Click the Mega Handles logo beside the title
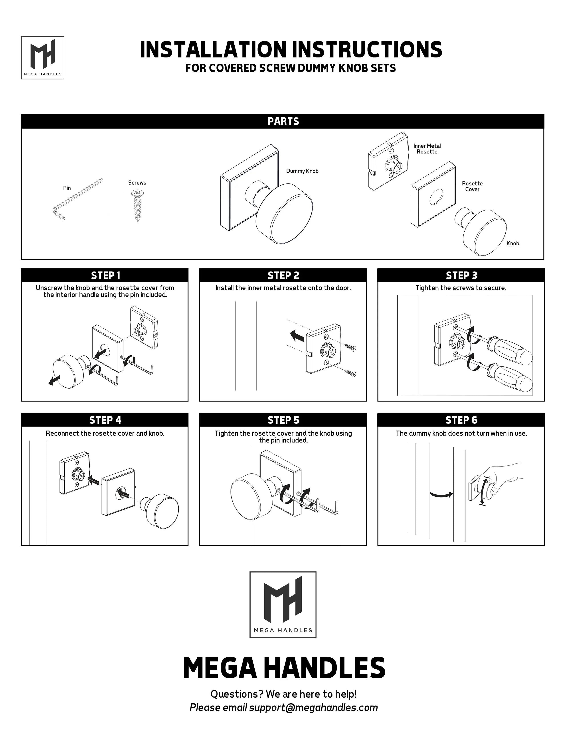(43, 58)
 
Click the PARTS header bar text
(283, 121)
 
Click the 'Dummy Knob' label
(302, 171)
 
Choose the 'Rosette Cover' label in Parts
(472, 186)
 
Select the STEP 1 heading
(105, 275)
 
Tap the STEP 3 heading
(461, 275)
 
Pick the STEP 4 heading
(105, 420)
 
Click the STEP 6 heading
(461, 420)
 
